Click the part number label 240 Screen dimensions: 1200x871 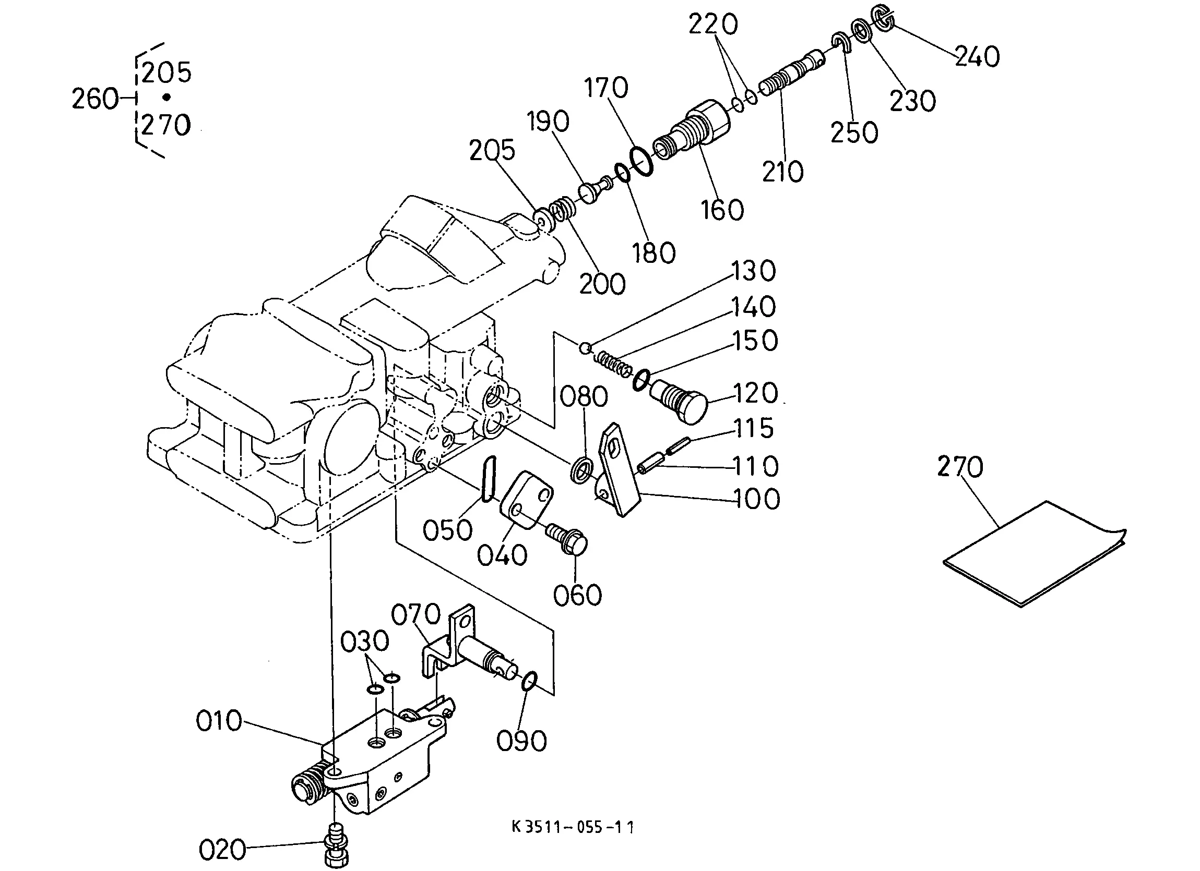pos(977,56)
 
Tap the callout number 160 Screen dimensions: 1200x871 pos(722,210)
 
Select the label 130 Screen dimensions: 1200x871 pos(753,270)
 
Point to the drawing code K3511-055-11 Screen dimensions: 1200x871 pos(573,827)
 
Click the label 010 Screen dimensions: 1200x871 pos(219,721)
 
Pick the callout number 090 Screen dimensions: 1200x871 pos(521,741)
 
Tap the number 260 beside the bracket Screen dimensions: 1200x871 pos(94,99)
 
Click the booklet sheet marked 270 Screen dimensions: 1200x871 pos(1036,554)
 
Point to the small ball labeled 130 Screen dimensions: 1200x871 pos(585,348)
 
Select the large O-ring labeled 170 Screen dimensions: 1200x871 pos(641,161)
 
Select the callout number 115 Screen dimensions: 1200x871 pos(753,428)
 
